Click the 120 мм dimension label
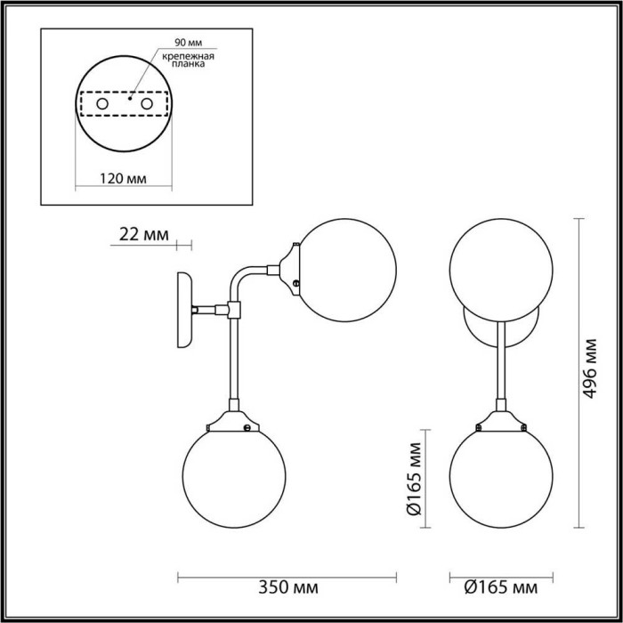(124, 178)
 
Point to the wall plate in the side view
(185, 307)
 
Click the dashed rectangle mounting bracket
(124, 105)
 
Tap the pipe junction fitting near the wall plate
(234, 309)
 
